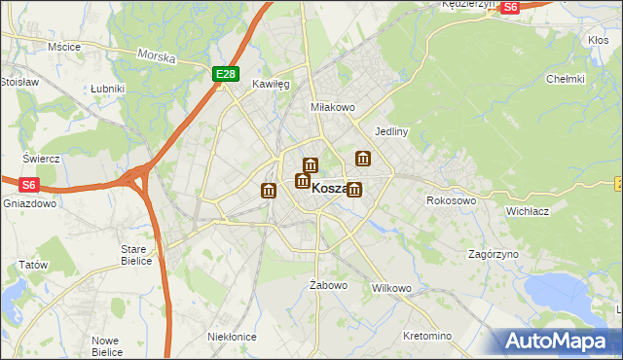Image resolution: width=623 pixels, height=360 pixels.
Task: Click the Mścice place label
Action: coord(63,46)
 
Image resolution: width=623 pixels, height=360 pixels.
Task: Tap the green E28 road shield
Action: coord(225,73)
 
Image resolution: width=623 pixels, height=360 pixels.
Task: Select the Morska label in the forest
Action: coord(156,57)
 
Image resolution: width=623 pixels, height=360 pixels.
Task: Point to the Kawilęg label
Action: coord(272,84)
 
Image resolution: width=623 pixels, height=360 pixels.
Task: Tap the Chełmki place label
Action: coord(565,79)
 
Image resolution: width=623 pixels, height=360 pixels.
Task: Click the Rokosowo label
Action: coord(451,200)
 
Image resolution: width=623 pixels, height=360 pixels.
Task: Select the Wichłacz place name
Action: coord(530,209)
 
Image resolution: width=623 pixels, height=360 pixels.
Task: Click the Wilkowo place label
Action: coord(392,289)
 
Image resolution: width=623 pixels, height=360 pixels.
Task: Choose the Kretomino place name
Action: coord(427,336)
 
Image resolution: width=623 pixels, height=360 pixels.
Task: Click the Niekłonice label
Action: coord(232,336)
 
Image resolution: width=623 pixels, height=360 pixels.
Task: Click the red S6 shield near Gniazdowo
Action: coord(28,183)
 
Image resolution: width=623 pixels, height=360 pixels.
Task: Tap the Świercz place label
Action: coord(42,158)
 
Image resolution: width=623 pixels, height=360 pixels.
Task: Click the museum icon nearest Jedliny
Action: coord(363,158)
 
